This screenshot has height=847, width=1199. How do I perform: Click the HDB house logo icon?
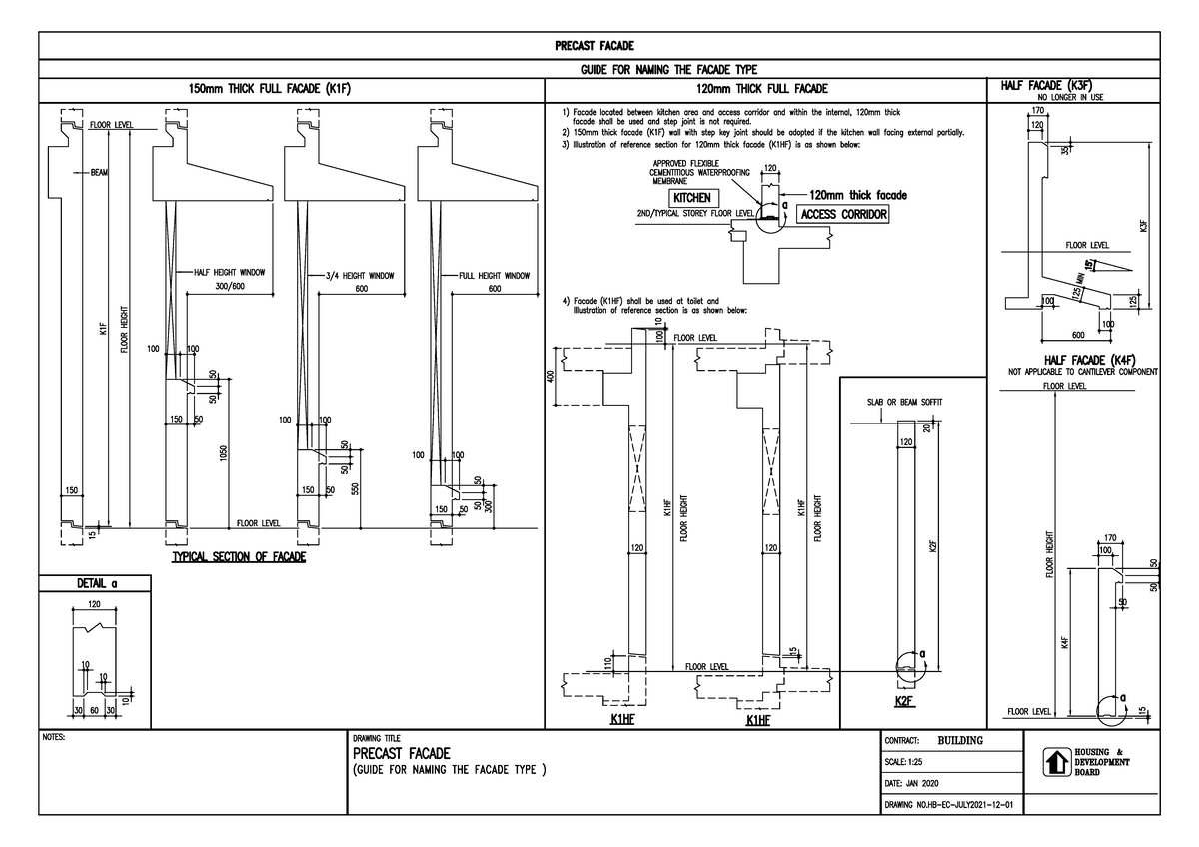click(1055, 762)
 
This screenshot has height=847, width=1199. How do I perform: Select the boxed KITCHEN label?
click(691, 198)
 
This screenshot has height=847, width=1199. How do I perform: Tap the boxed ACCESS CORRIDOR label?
click(843, 214)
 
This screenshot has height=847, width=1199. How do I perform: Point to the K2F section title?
click(905, 701)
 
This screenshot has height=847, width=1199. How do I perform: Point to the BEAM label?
click(99, 173)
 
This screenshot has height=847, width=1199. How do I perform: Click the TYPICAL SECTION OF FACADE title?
click(239, 557)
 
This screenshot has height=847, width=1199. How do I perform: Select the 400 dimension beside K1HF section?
click(550, 376)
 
